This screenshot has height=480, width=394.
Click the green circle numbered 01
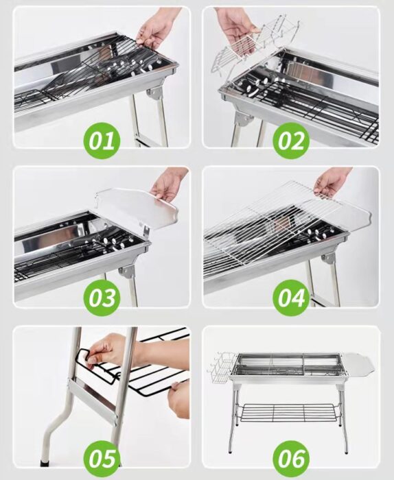(x=102, y=141)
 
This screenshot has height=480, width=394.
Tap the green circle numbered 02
(x=291, y=141)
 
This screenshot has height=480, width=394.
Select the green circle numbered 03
(x=102, y=298)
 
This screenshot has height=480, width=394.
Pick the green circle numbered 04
(x=291, y=298)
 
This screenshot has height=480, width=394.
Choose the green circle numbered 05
(x=102, y=459)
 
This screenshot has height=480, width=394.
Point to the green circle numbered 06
(x=291, y=459)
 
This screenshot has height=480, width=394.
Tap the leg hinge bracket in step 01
(x=155, y=92)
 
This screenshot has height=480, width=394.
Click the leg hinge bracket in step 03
(x=127, y=272)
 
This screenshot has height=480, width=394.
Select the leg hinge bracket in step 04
(x=329, y=259)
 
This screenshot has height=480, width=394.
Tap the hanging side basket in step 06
(x=221, y=368)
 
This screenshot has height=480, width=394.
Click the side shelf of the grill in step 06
(x=358, y=365)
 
